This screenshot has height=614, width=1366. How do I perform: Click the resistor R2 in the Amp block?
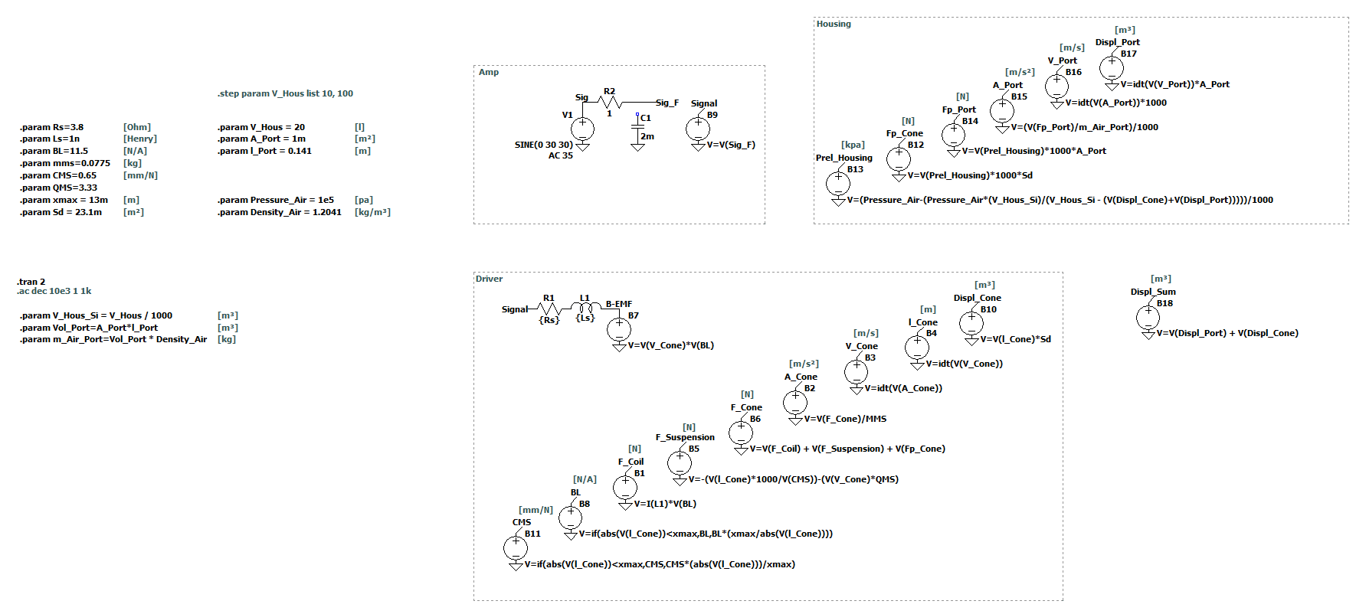(x=610, y=102)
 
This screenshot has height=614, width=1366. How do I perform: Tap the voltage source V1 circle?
(x=582, y=128)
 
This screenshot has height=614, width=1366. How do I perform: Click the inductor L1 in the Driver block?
(x=585, y=309)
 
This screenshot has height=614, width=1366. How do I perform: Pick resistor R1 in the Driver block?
(x=549, y=309)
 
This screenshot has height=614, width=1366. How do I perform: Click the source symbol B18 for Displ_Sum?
(x=1148, y=316)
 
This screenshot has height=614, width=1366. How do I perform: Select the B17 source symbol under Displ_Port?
(x=1112, y=67)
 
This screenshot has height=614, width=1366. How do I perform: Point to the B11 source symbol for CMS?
(x=516, y=547)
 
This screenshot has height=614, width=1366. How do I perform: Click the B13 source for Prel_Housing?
(x=838, y=183)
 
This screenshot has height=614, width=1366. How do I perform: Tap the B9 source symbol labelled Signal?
(x=698, y=128)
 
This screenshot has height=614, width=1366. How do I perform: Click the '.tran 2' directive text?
(x=31, y=282)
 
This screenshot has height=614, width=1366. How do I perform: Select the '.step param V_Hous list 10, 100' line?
(x=285, y=93)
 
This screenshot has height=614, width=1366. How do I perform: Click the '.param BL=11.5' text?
(x=54, y=151)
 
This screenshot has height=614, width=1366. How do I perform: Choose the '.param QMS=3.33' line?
(x=58, y=188)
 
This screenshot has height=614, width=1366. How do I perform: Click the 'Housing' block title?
(x=834, y=24)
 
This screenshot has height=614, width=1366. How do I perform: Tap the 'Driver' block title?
(x=489, y=279)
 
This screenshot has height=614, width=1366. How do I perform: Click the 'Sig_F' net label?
(x=667, y=103)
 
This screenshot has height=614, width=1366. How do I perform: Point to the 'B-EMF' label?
(x=619, y=304)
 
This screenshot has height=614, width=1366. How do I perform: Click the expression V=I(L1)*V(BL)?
(x=665, y=504)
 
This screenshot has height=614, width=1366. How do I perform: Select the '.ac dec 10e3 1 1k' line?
(x=54, y=291)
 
